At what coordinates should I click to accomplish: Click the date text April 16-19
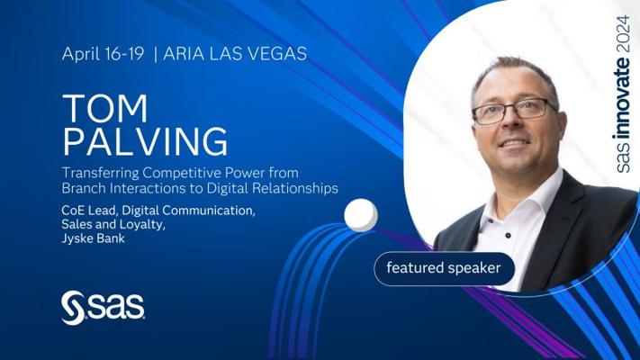click(x=103, y=54)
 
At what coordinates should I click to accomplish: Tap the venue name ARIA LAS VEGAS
click(x=235, y=54)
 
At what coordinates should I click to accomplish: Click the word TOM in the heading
click(x=105, y=108)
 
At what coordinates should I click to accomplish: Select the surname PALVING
click(x=145, y=141)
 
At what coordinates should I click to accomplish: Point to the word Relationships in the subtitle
click(x=295, y=189)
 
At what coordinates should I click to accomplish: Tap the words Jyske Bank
click(x=93, y=238)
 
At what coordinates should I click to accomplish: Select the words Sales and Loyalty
click(x=113, y=224)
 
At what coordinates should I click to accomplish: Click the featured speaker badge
click(x=444, y=268)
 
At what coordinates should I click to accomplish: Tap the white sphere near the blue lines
click(x=361, y=215)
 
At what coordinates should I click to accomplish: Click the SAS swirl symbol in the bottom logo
click(x=73, y=308)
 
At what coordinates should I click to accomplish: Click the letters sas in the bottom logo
click(x=116, y=306)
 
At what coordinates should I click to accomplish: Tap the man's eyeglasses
click(x=513, y=111)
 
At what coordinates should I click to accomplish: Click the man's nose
click(x=509, y=127)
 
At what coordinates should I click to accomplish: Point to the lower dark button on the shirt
click(x=508, y=236)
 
